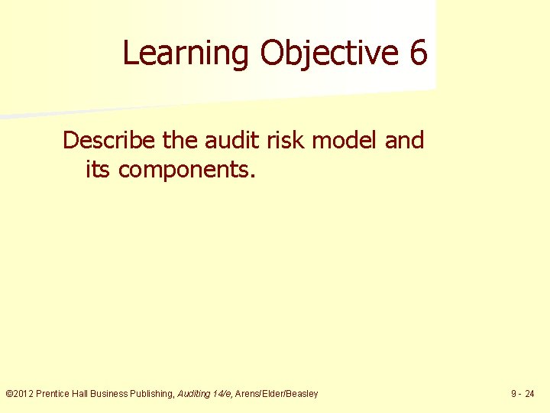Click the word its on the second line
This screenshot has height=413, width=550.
97,169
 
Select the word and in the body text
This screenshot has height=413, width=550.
404,141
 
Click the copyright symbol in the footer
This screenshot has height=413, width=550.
8,394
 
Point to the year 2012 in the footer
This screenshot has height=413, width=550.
23,394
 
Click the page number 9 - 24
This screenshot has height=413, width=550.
523,394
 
